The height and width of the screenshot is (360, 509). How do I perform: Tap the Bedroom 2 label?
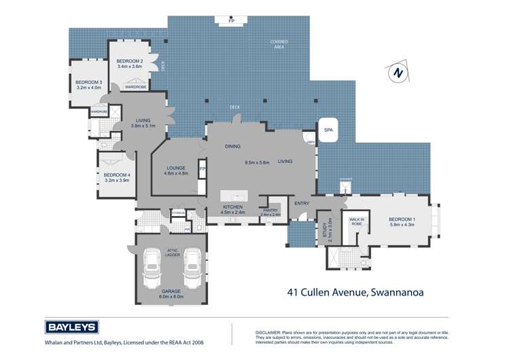[129, 61]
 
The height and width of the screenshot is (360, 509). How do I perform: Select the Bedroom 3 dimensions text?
[88, 88]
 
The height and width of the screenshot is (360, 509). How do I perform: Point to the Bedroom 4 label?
[116, 175]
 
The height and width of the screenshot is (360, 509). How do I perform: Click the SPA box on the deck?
[328, 129]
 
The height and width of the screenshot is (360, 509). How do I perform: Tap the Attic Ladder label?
[173, 252]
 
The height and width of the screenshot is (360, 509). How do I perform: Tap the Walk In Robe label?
[356, 221]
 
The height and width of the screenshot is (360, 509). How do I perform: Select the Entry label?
[302, 202]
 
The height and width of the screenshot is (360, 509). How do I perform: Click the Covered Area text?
[279, 44]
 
